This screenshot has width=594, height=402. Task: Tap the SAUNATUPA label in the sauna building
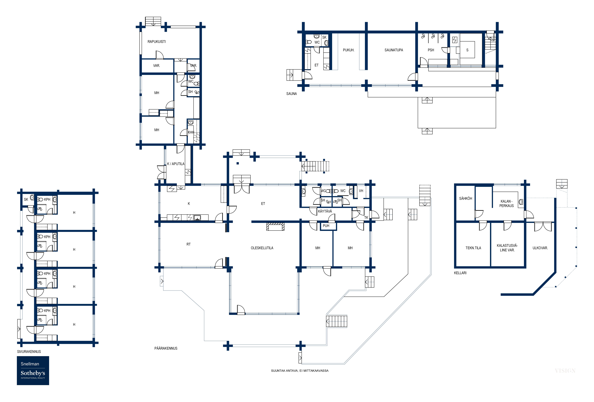tap(394, 50)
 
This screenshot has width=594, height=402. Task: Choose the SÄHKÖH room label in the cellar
tap(465, 198)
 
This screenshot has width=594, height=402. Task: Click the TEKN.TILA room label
tap(473, 248)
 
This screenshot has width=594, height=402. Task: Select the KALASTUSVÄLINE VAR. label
tap(507, 248)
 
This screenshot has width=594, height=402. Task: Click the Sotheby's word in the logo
tap(33, 373)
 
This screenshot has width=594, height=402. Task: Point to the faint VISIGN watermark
tap(565, 371)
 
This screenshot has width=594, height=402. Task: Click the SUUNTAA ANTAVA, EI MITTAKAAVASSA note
tap(300, 371)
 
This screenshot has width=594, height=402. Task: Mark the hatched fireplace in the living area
tap(275, 227)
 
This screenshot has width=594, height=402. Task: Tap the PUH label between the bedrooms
tap(326, 226)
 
